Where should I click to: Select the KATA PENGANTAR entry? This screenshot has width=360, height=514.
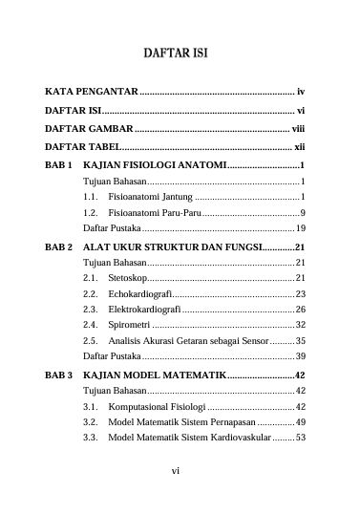[93, 93]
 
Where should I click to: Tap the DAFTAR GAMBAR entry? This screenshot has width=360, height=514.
[89, 129]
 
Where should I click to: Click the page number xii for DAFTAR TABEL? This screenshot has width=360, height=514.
[298, 147]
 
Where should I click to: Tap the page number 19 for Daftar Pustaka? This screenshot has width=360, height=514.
[300, 228]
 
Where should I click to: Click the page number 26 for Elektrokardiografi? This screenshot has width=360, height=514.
[300, 310]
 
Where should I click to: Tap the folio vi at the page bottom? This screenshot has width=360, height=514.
[176, 470]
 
